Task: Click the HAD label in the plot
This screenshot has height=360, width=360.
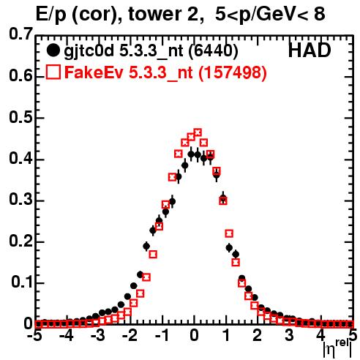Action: (x=310, y=50)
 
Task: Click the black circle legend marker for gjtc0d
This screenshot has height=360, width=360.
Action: (x=53, y=50)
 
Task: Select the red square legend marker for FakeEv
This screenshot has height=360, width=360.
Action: (x=53, y=72)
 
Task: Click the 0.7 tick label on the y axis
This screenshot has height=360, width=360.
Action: (x=21, y=34)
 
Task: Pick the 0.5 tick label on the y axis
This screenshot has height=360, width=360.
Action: (x=21, y=118)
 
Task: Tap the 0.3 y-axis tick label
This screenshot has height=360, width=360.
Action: (x=21, y=200)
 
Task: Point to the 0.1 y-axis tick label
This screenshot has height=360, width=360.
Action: (x=22, y=282)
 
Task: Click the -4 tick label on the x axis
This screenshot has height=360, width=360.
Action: (x=67, y=335)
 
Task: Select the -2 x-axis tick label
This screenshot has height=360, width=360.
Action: (x=130, y=335)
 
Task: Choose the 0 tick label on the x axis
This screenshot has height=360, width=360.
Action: (x=194, y=335)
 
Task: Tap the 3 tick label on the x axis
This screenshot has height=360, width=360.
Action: (x=289, y=335)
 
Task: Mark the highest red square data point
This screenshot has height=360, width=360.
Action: (x=198, y=132)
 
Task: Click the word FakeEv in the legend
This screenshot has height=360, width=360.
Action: (x=94, y=72)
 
